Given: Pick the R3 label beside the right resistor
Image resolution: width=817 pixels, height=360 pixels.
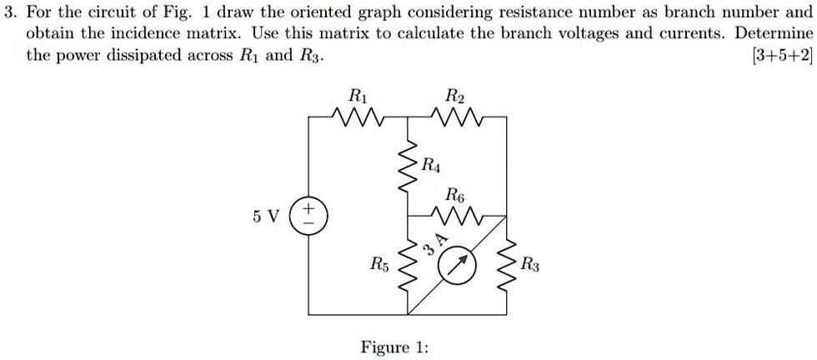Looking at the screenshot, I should pos(531,266).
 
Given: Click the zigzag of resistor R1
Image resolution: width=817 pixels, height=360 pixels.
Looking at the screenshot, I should pos(356,117).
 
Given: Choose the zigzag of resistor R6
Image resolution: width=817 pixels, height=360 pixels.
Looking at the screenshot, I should pos(456,217).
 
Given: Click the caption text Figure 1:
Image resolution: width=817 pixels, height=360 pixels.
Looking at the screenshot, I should pos(394,347).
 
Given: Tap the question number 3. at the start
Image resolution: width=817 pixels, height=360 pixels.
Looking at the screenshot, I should pos(9,13).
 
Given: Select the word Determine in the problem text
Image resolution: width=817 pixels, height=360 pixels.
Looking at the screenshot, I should pos(774,35).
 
